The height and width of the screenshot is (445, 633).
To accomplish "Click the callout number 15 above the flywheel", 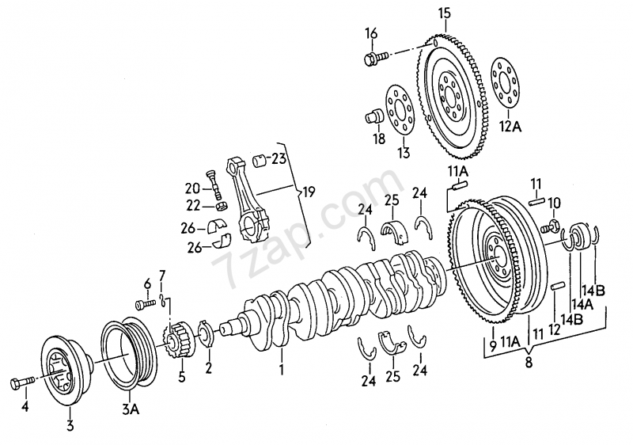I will coord(443,13).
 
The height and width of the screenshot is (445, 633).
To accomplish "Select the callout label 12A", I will coord(510,126).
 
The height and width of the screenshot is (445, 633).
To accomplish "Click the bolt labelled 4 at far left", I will coord(20,384).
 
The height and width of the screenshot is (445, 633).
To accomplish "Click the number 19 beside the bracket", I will coord(309,191).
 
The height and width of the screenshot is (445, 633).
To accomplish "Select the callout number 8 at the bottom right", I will coord(529,364).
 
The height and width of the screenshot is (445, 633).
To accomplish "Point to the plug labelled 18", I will coord(373,119).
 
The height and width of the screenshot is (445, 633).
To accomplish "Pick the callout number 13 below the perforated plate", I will coord(404,152).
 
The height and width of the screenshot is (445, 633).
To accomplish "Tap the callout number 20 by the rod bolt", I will coord(192,188).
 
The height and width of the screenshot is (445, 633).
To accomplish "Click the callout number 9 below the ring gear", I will coord(492,345).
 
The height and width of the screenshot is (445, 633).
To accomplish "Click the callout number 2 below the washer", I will coord(209,367).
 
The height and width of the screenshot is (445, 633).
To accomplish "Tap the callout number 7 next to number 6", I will coord(163,275).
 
